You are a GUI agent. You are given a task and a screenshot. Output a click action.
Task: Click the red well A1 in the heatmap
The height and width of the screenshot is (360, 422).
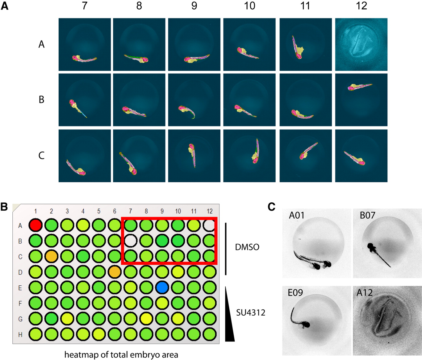(36, 226)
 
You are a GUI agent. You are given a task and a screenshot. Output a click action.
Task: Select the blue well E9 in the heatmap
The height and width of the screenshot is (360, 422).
(162, 288)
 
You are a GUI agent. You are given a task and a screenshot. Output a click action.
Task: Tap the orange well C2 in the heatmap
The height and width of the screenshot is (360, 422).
(51, 257)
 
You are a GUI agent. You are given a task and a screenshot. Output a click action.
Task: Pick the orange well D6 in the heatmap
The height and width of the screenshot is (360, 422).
(115, 272)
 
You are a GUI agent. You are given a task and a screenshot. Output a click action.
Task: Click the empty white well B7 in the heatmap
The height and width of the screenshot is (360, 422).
(131, 241)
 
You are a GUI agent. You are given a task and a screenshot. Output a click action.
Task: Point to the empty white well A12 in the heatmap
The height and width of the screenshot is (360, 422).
(210, 226)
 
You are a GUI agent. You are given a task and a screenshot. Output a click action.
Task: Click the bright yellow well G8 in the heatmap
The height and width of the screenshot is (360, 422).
(146, 319)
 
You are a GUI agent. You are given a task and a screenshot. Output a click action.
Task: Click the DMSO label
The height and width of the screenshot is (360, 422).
(247, 247)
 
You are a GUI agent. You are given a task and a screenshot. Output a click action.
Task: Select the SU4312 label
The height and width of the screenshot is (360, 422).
(251, 312)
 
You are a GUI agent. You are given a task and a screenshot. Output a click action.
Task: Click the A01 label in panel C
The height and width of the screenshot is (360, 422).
(297, 215)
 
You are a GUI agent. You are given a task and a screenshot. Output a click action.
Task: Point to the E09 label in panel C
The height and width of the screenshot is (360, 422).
(295, 293)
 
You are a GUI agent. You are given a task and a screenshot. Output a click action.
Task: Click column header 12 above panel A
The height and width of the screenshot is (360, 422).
(361, 6)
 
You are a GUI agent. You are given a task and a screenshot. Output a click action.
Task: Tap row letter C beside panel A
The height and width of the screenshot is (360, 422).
(41, 155)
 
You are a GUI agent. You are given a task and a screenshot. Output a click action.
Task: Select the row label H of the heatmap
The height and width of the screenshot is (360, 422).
(20, 334)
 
